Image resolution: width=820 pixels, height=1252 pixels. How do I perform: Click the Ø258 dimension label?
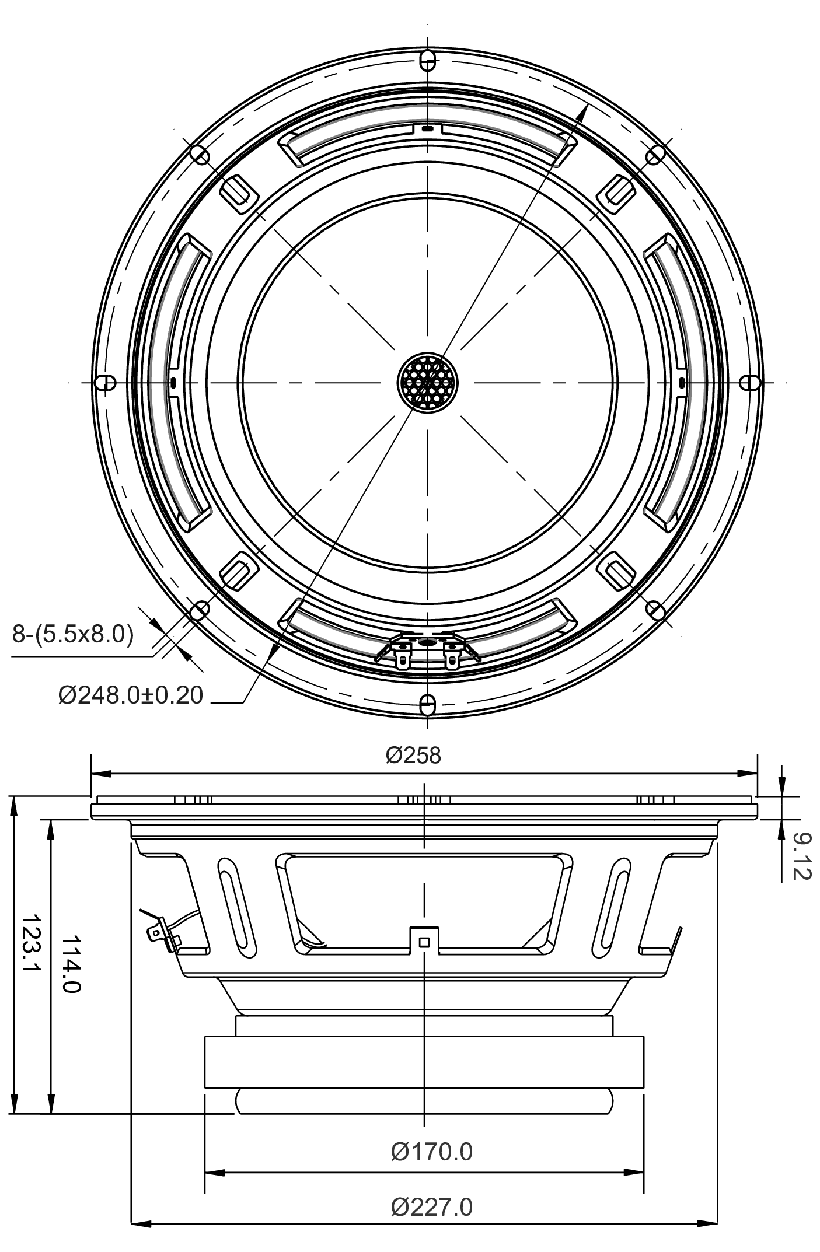413,755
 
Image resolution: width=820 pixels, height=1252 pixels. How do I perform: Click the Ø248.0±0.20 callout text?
131,695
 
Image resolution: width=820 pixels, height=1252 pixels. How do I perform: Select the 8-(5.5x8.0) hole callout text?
73,634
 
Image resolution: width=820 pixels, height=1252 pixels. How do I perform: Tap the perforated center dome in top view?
428,383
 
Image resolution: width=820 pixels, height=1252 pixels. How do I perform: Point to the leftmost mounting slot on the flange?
104,383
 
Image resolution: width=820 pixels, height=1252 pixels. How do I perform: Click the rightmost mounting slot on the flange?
751,383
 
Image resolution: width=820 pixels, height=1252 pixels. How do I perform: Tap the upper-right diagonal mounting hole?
656,155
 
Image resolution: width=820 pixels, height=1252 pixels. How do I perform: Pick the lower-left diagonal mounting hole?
200,610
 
